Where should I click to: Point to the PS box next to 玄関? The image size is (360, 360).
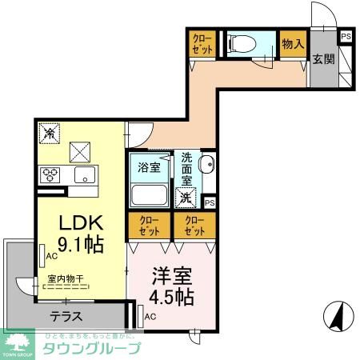[346, 36]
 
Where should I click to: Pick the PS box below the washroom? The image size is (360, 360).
[210, 202]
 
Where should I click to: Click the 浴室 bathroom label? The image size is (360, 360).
[149, 168]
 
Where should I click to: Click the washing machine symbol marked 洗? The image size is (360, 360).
[186, 197]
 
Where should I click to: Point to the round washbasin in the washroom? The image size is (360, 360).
[207, 167]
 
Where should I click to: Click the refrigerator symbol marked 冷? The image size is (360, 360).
[49, 133]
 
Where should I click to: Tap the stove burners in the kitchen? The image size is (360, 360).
[50, 174]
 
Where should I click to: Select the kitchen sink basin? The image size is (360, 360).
[82, 174]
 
